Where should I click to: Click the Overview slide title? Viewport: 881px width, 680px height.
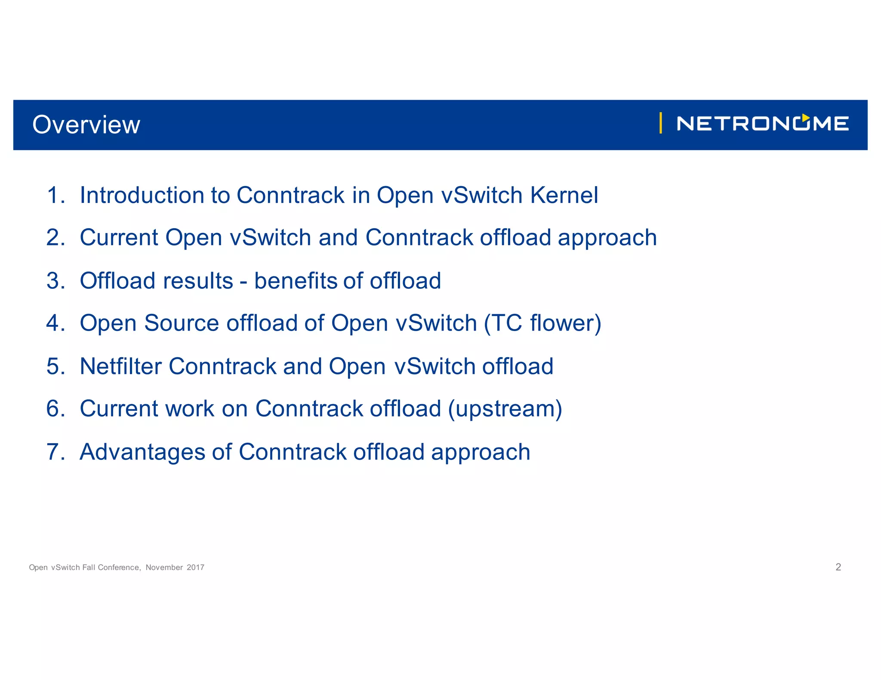86,125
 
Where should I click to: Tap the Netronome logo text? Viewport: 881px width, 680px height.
762,124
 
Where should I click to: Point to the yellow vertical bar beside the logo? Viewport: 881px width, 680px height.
660,123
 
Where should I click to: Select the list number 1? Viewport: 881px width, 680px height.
55,195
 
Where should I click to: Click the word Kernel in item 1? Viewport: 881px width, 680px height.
564,195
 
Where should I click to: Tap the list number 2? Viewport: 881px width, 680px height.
55,238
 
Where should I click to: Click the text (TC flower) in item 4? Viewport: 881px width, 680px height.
542,323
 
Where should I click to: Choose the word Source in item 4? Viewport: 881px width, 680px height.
182,323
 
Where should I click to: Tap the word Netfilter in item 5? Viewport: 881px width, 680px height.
120,366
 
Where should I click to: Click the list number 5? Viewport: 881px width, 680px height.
55,366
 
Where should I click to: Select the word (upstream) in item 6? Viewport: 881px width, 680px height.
505,409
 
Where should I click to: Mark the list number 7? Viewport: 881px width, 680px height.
55,452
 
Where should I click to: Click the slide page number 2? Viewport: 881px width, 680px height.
838,567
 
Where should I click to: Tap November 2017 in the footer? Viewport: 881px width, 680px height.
175,567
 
